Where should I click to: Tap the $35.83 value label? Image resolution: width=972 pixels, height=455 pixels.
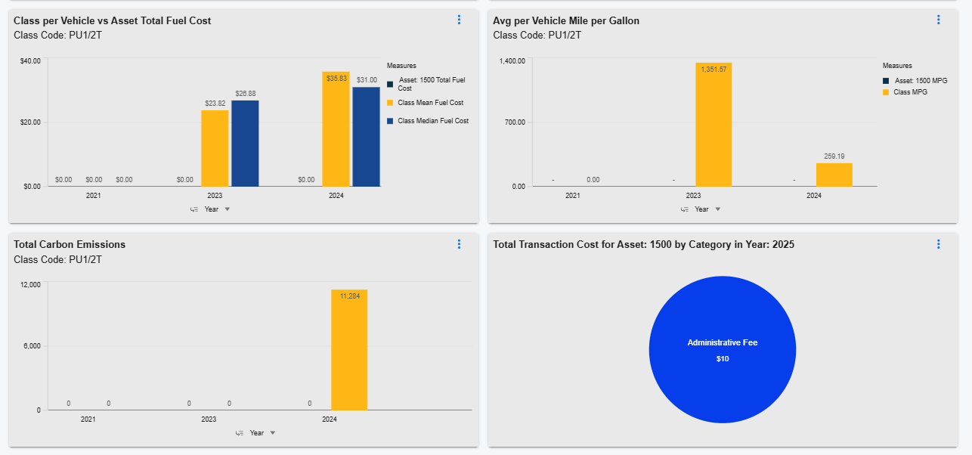[x=336, y=79]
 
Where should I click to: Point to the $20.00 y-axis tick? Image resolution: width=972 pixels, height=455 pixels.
[x=30, y=122]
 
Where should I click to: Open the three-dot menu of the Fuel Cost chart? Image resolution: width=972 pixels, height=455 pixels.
[x=459, y=20]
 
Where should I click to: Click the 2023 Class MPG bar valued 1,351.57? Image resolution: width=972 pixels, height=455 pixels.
[x=714, y=125]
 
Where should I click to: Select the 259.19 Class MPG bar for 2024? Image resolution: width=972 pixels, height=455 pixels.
[x=834, y=175]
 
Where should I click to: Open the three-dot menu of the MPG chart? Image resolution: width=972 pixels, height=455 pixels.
[x=938, y=20]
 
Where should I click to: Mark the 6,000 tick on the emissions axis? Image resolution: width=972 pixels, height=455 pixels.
[x=30, y=346]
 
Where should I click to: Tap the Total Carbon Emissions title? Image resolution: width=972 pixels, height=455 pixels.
[x=70, y=244]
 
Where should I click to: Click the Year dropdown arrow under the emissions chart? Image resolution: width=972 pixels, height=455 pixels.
[x=273, y=433]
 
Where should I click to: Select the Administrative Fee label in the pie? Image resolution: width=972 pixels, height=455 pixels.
[x=722, y=343]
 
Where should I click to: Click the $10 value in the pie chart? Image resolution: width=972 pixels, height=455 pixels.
[x=722, y=359]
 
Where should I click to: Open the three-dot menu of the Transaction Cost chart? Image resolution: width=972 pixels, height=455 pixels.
[x=938, y=244]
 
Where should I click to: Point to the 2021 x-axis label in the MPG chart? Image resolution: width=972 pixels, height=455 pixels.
[x=573, y=196]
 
